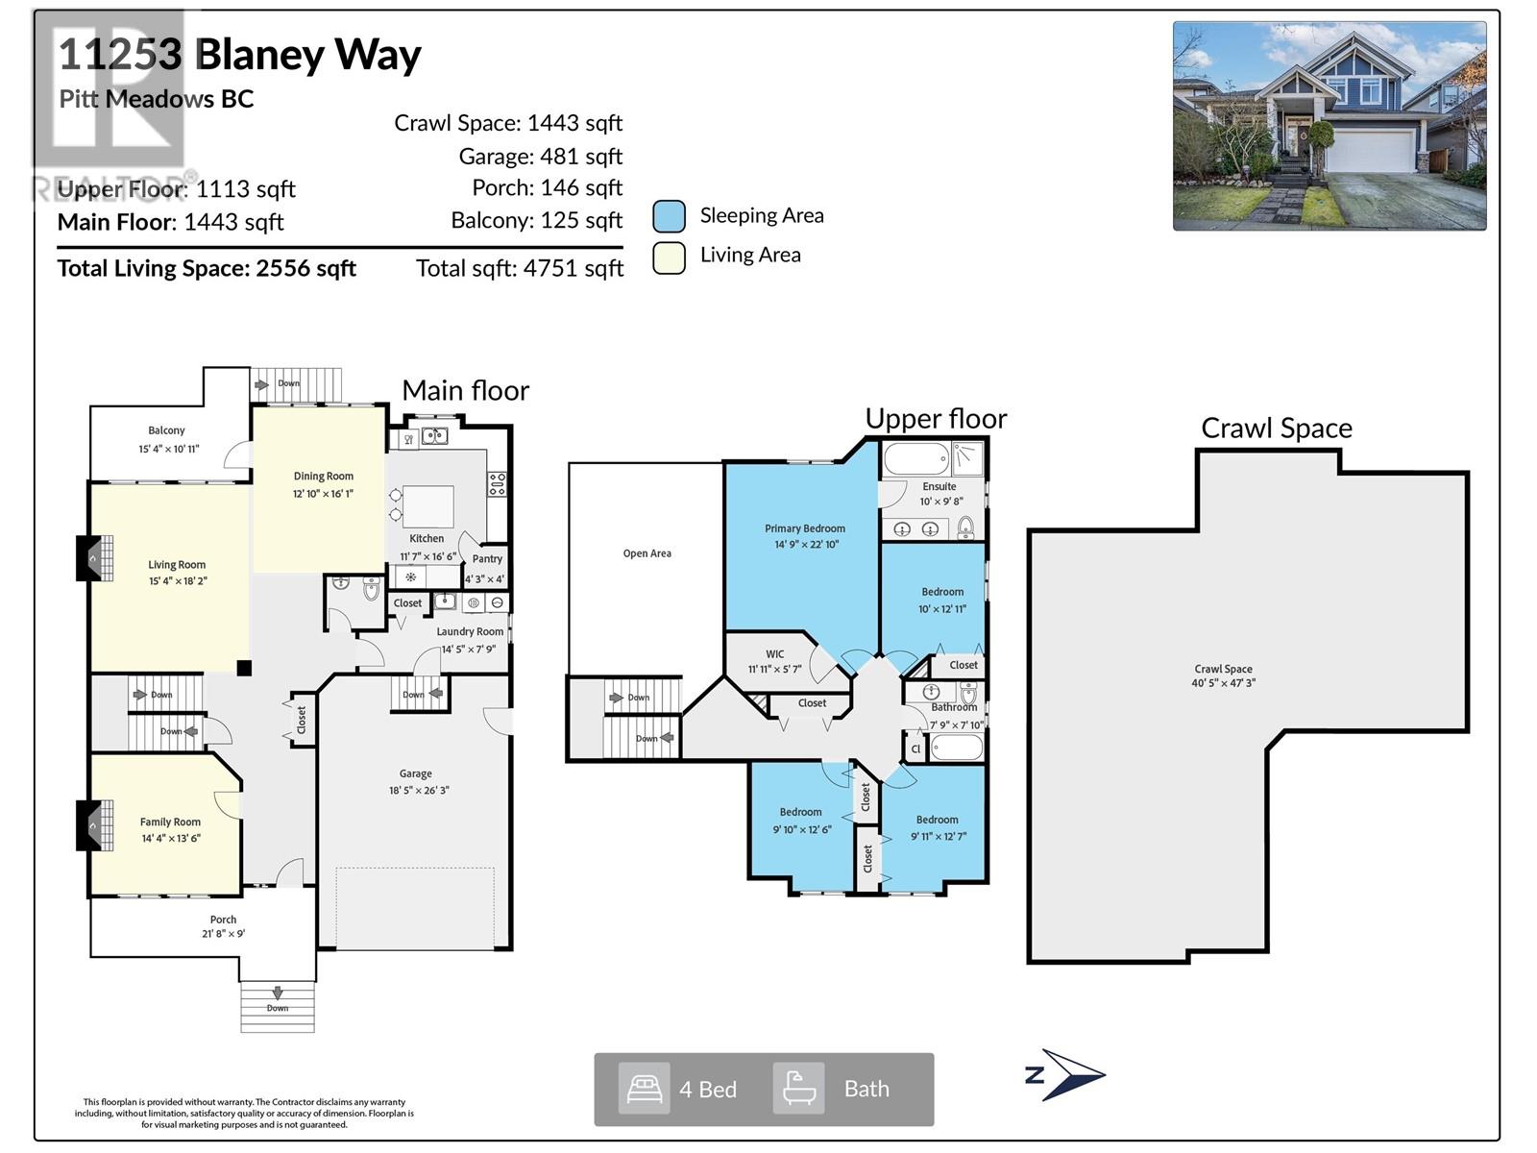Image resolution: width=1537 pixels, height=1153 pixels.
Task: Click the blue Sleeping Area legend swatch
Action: pos(669,216)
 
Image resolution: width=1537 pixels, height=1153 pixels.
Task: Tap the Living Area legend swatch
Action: pos(669,258)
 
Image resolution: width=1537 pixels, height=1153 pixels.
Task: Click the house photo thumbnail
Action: pos(1329,126)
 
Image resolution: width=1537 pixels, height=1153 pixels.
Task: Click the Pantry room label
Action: pos(487,558)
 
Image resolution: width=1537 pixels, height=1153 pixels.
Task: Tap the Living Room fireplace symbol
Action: pos(94,557)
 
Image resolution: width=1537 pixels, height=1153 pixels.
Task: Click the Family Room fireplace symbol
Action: pos(94,825)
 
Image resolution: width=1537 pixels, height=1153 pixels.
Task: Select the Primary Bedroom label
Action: pos(805,528)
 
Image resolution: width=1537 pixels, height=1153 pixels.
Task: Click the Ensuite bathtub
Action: pos(915,458)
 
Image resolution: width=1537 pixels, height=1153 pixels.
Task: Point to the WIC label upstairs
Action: pos(774,653)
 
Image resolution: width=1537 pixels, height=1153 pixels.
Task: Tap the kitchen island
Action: pos(427,506)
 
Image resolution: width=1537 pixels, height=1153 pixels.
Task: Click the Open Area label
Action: pos(647,553)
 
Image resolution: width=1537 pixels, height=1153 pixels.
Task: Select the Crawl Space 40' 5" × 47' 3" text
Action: pos(1223,683)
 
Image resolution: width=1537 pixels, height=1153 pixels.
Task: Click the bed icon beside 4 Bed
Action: pos(644,1089)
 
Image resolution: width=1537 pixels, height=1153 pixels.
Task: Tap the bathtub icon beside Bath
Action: pos(799,1089)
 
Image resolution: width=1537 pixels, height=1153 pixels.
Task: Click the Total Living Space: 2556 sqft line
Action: pos(207,268)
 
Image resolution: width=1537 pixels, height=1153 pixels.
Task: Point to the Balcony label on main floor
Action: pos(166,430)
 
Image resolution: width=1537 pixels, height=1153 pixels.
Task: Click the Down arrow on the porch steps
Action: pos(278,993)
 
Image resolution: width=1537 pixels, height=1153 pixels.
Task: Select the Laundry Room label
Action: pos(470,631)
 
